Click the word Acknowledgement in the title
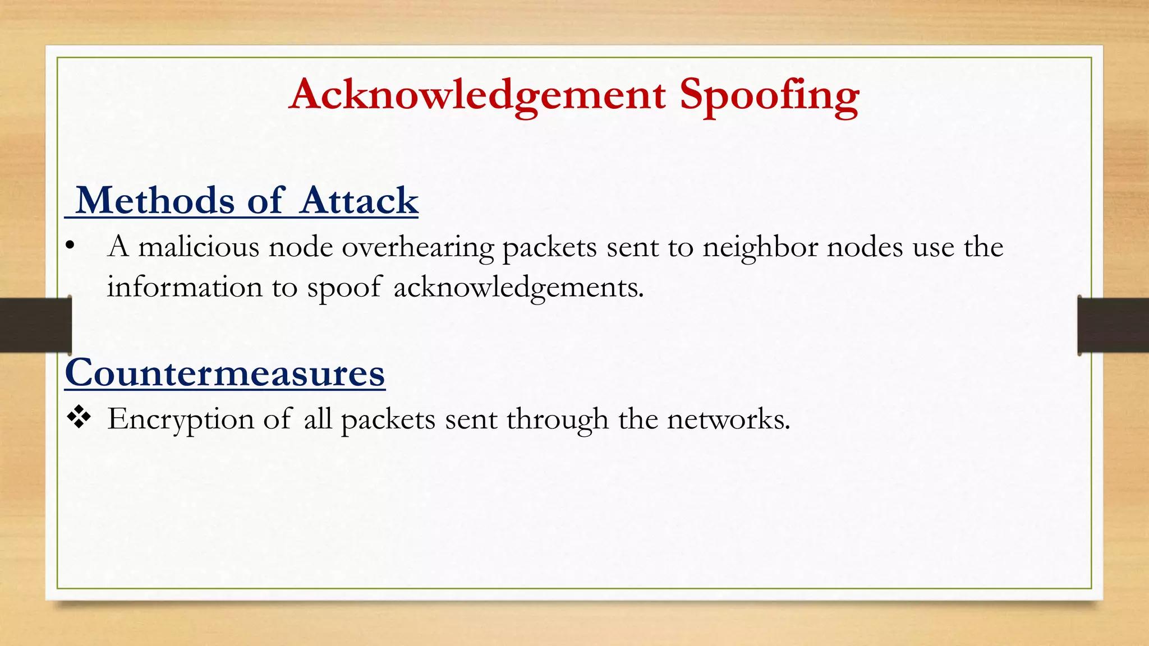click(x=477, y=95)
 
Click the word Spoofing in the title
click(x=769, y=95)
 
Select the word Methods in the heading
click(x=155, y=200)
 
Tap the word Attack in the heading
click(x=359, y=200)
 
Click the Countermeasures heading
click(x=225, y=373)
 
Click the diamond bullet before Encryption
click(x=79, y=418)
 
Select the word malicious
click(x=199, y=247)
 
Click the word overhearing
click(x=418, y=247)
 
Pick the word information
click(x=185, y=287)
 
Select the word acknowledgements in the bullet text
click(x=518, y=287)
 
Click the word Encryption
click(x=181, y=419)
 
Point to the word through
click(x=557, y=419)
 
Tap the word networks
click(x=728, y=419)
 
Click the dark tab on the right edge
click(x=1113, y=325)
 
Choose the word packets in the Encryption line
click(x=388, y=419)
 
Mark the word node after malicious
click(x=301, y=247)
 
